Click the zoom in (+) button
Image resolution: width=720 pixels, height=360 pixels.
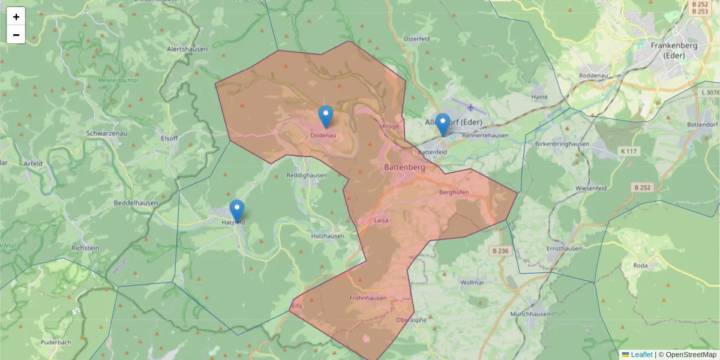point(16,17)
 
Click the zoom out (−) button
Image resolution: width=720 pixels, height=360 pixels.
point(16,35)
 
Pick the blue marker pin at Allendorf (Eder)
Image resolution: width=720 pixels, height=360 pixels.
point(442,125)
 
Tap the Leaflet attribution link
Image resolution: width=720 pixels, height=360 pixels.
point(641,355)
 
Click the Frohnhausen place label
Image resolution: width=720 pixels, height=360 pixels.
point(367,298)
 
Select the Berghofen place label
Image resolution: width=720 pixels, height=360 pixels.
point(454,193)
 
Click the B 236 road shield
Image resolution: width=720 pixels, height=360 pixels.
point(499,251)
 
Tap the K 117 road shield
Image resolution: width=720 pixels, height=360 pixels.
point(628,151)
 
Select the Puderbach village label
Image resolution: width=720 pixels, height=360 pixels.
point(56,343)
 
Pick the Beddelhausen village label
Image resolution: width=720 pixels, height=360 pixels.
point(136,203)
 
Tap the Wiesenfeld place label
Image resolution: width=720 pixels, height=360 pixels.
point(590,188)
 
